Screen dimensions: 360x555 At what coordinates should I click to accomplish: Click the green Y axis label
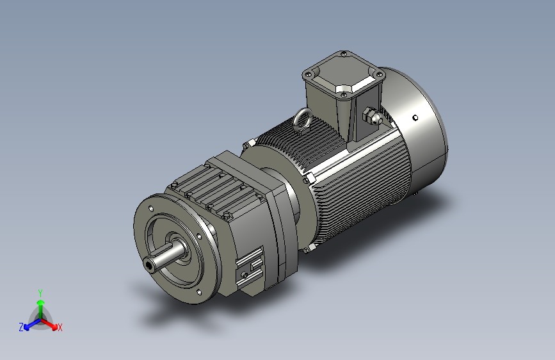point(40,291)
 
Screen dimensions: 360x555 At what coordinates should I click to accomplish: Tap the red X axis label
point(60,327)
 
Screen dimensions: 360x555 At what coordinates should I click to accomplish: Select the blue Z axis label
point(21,327)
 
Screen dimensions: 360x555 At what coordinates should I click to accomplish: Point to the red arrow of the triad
point(51,323)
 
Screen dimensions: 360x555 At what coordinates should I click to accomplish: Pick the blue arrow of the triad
point(29,323)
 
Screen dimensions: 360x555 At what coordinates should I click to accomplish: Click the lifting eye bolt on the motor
point(302,119)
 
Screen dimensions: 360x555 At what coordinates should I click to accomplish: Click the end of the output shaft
point(150,263)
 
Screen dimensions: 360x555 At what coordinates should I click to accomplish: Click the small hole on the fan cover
point(415,117)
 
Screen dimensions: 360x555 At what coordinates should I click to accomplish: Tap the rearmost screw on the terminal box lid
point(344,54)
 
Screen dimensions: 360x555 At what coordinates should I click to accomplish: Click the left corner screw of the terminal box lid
point(307,74)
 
